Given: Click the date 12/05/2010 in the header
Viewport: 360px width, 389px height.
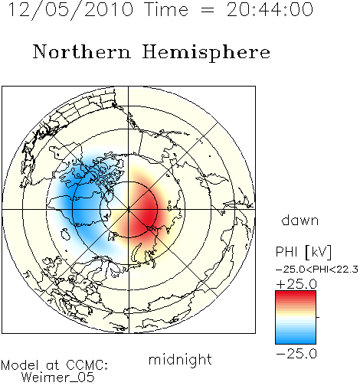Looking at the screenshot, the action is (71, 10).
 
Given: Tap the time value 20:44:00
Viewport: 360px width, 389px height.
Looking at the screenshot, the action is (270, 10).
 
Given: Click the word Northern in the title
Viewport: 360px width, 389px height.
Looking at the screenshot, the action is (82, 51).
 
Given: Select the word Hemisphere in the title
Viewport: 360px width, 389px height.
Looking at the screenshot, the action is (206, 52).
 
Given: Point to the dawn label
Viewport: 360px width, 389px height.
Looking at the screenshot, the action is (300, 220).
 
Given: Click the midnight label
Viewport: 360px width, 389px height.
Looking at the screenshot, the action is (180, 360).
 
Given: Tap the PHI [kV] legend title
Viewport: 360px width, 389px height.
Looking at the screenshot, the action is (303, 252).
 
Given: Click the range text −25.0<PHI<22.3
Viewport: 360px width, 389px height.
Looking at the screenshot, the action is (317, 270).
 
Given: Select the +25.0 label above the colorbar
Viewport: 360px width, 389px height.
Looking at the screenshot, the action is (296, 284).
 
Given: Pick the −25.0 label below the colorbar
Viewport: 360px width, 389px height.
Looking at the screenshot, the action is (296, 354).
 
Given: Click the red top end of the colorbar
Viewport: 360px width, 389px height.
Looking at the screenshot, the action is (296, 293).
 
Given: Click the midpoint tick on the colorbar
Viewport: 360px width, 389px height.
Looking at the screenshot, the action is (318, 317).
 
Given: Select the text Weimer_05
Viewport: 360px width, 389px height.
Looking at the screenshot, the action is (58, 378).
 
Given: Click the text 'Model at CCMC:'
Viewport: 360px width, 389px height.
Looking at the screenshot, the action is (54, 365).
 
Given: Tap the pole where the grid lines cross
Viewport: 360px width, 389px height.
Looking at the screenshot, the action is (129, 210).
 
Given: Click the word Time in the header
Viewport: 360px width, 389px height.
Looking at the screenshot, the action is (166, 10).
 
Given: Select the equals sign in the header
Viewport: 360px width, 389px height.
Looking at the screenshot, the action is (208, 11).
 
